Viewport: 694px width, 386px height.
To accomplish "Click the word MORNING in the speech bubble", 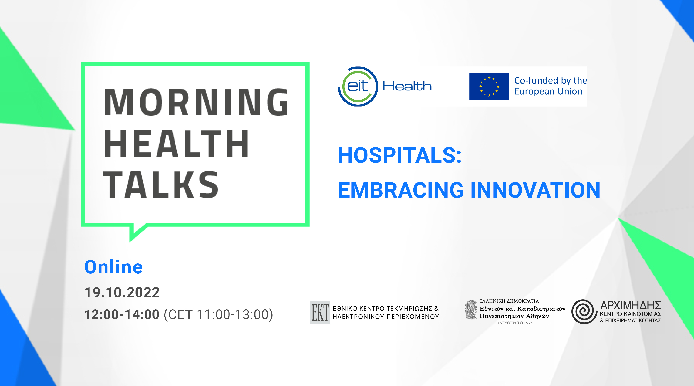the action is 196,102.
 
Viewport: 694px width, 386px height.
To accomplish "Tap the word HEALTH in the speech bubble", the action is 177,143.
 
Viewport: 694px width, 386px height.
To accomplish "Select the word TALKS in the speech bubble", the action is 161,185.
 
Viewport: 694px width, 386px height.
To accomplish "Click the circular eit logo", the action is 358,86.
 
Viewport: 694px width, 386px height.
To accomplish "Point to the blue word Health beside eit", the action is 407,86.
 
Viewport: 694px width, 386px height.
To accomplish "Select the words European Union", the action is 548,91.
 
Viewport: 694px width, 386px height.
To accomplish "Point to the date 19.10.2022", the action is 122,292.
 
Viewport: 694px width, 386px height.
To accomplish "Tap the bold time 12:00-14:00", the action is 122,314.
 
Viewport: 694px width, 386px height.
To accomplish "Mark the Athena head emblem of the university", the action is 471,310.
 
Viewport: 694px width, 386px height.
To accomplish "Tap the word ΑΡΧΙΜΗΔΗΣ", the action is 630,305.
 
